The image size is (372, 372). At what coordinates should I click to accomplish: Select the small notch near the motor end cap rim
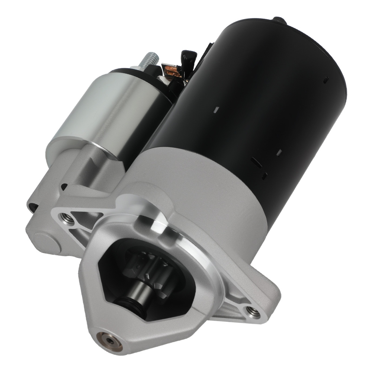326,78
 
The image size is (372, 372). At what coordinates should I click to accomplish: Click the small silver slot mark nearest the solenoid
215,110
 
